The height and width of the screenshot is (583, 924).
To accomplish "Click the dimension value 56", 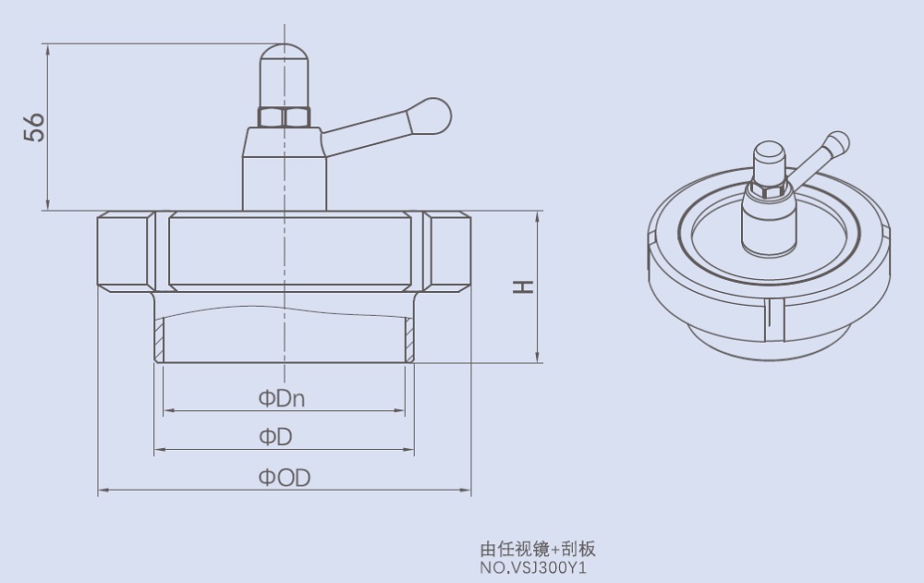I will (34, 127).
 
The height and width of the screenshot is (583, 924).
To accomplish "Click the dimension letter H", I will (523, 287).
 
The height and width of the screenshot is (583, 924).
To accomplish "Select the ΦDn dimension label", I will (282, 399).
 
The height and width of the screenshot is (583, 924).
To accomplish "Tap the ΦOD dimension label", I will (284, 478).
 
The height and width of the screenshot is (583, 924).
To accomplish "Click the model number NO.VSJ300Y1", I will (533, 567).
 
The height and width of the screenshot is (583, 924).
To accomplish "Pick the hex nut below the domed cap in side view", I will (285, 117).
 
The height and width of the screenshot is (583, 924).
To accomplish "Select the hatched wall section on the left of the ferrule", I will (160, 339).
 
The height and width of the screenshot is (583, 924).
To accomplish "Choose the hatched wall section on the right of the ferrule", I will (408, 339).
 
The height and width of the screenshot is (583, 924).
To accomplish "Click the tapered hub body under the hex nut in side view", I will (285, 171).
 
